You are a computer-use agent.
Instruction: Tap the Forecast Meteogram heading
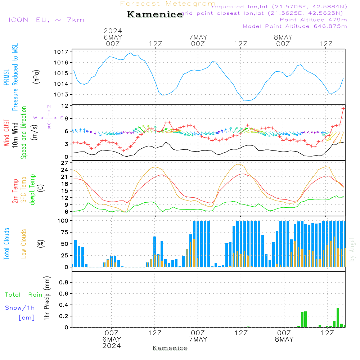click(168, 4)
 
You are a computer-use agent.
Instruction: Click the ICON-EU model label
click(46, 19)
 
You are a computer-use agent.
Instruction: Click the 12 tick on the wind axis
click(65, 105)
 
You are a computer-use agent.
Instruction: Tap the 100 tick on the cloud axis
click(63, 220)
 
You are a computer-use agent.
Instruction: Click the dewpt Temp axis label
click(32, 190)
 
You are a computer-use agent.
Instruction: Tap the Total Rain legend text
click(24, 294)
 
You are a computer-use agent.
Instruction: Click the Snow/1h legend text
click(20, 308)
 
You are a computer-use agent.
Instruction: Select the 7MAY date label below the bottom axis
click(198, 339)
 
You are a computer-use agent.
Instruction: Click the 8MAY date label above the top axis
click(283, 37)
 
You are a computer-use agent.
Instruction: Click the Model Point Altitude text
click(295, 26)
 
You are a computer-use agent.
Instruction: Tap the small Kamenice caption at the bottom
click(170, 348)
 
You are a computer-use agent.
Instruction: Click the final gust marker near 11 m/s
click(343, 108)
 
